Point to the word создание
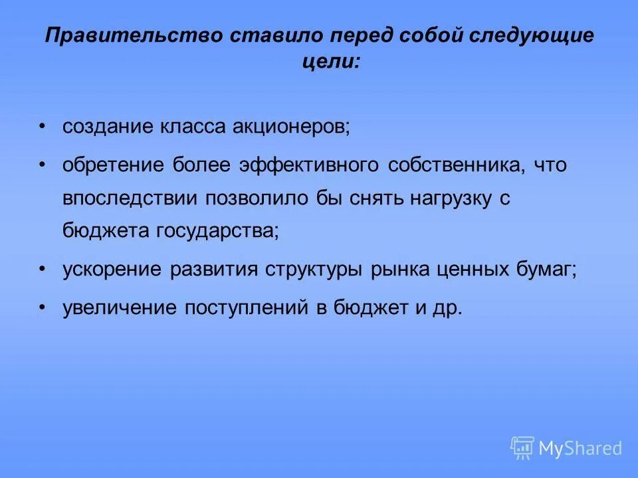coord(106,127)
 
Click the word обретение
coord(113,165)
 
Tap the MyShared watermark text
coord(580,448)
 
